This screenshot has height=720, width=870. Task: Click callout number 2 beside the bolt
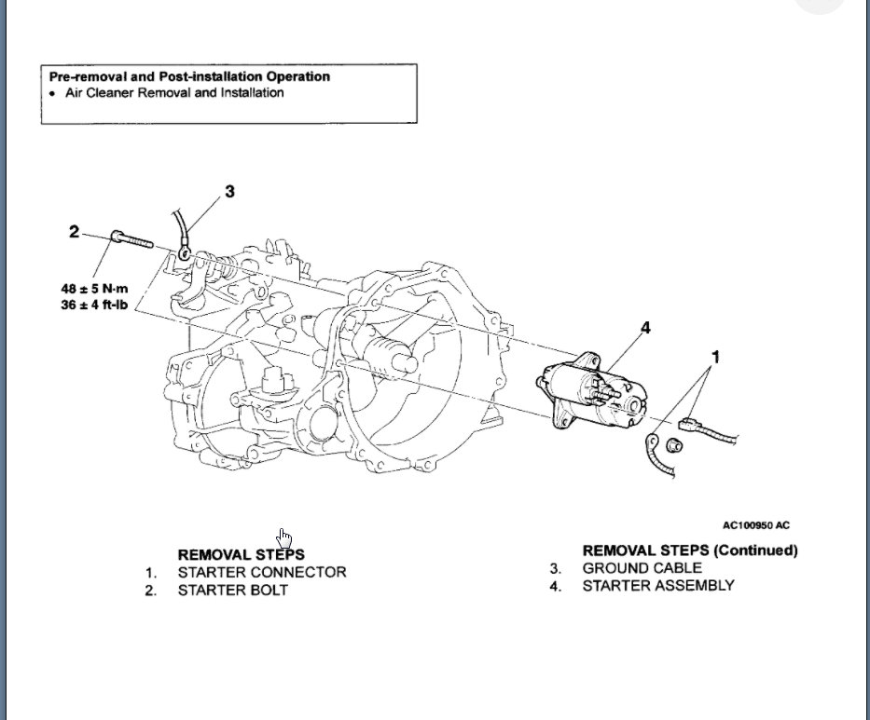75,231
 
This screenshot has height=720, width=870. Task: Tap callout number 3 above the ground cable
229,192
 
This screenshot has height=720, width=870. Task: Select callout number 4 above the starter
644,328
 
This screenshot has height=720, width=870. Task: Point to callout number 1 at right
715,357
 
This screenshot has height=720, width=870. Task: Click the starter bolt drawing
132,239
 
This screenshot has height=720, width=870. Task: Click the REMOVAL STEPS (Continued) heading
690,550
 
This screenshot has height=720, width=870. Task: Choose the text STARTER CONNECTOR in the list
262,573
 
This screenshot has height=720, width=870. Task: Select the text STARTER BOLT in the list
233,591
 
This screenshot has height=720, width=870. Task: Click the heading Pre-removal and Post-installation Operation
189,76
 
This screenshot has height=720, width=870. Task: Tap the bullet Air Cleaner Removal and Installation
174,93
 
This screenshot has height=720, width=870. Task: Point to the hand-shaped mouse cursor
284,538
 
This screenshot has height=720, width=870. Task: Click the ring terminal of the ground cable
186,251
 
